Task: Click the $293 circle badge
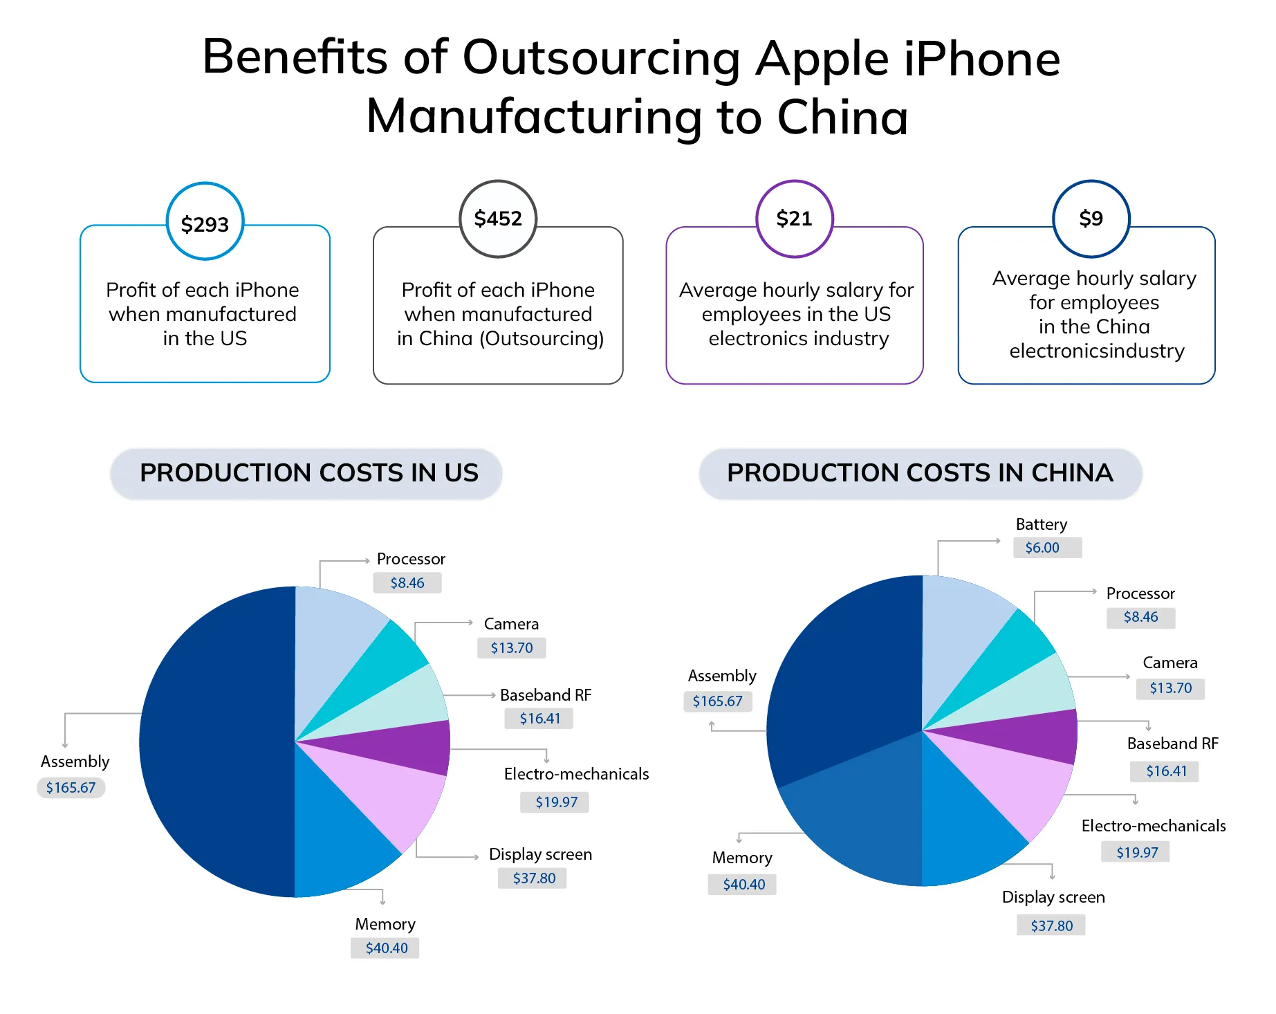205,222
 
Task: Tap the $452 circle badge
498,219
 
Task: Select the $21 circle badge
794,219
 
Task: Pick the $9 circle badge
1091,219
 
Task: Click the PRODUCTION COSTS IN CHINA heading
920,473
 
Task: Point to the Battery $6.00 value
1042,548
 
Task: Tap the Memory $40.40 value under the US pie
386,948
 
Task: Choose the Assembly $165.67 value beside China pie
717,701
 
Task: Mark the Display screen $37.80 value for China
1051,925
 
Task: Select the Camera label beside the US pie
511,624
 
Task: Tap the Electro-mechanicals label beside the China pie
1153,826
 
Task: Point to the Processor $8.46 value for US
407,583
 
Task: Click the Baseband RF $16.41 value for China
1166,771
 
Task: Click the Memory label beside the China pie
742,858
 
